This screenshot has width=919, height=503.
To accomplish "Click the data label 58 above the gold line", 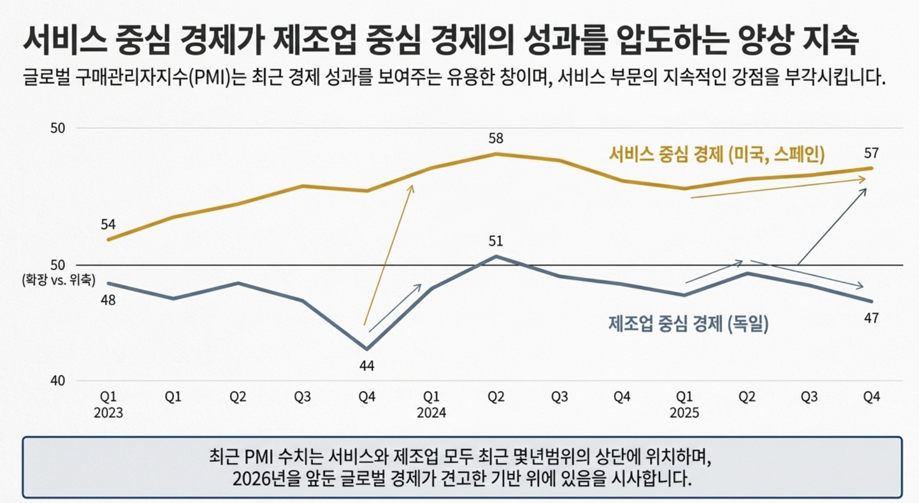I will (496, 138).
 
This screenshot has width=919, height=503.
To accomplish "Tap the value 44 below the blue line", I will (367, 366).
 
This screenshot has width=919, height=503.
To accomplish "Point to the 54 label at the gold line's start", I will (108, 224).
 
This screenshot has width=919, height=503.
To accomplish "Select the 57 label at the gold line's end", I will (871, 153).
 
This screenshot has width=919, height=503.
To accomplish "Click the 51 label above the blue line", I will (496, 241).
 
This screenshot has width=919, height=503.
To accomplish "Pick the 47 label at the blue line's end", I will (871, 318).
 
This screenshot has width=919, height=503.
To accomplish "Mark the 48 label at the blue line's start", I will (108, 300).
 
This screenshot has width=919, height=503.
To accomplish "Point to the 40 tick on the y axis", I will (58, 381).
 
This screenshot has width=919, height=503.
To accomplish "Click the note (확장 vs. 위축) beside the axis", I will (59, 280).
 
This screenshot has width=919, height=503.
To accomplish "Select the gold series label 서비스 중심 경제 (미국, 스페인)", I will (717, 154).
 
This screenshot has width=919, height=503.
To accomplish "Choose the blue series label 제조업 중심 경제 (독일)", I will (688, 323).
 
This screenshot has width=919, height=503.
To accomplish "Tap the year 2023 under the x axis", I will (108, 413).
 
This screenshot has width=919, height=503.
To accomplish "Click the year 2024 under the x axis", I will (431, 413).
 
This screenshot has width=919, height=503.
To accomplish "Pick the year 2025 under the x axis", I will (684, 413).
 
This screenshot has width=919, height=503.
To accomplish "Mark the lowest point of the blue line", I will (367, 348).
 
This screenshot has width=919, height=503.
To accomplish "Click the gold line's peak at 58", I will (496, 154).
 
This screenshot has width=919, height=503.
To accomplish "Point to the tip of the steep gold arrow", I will (413, 185).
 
